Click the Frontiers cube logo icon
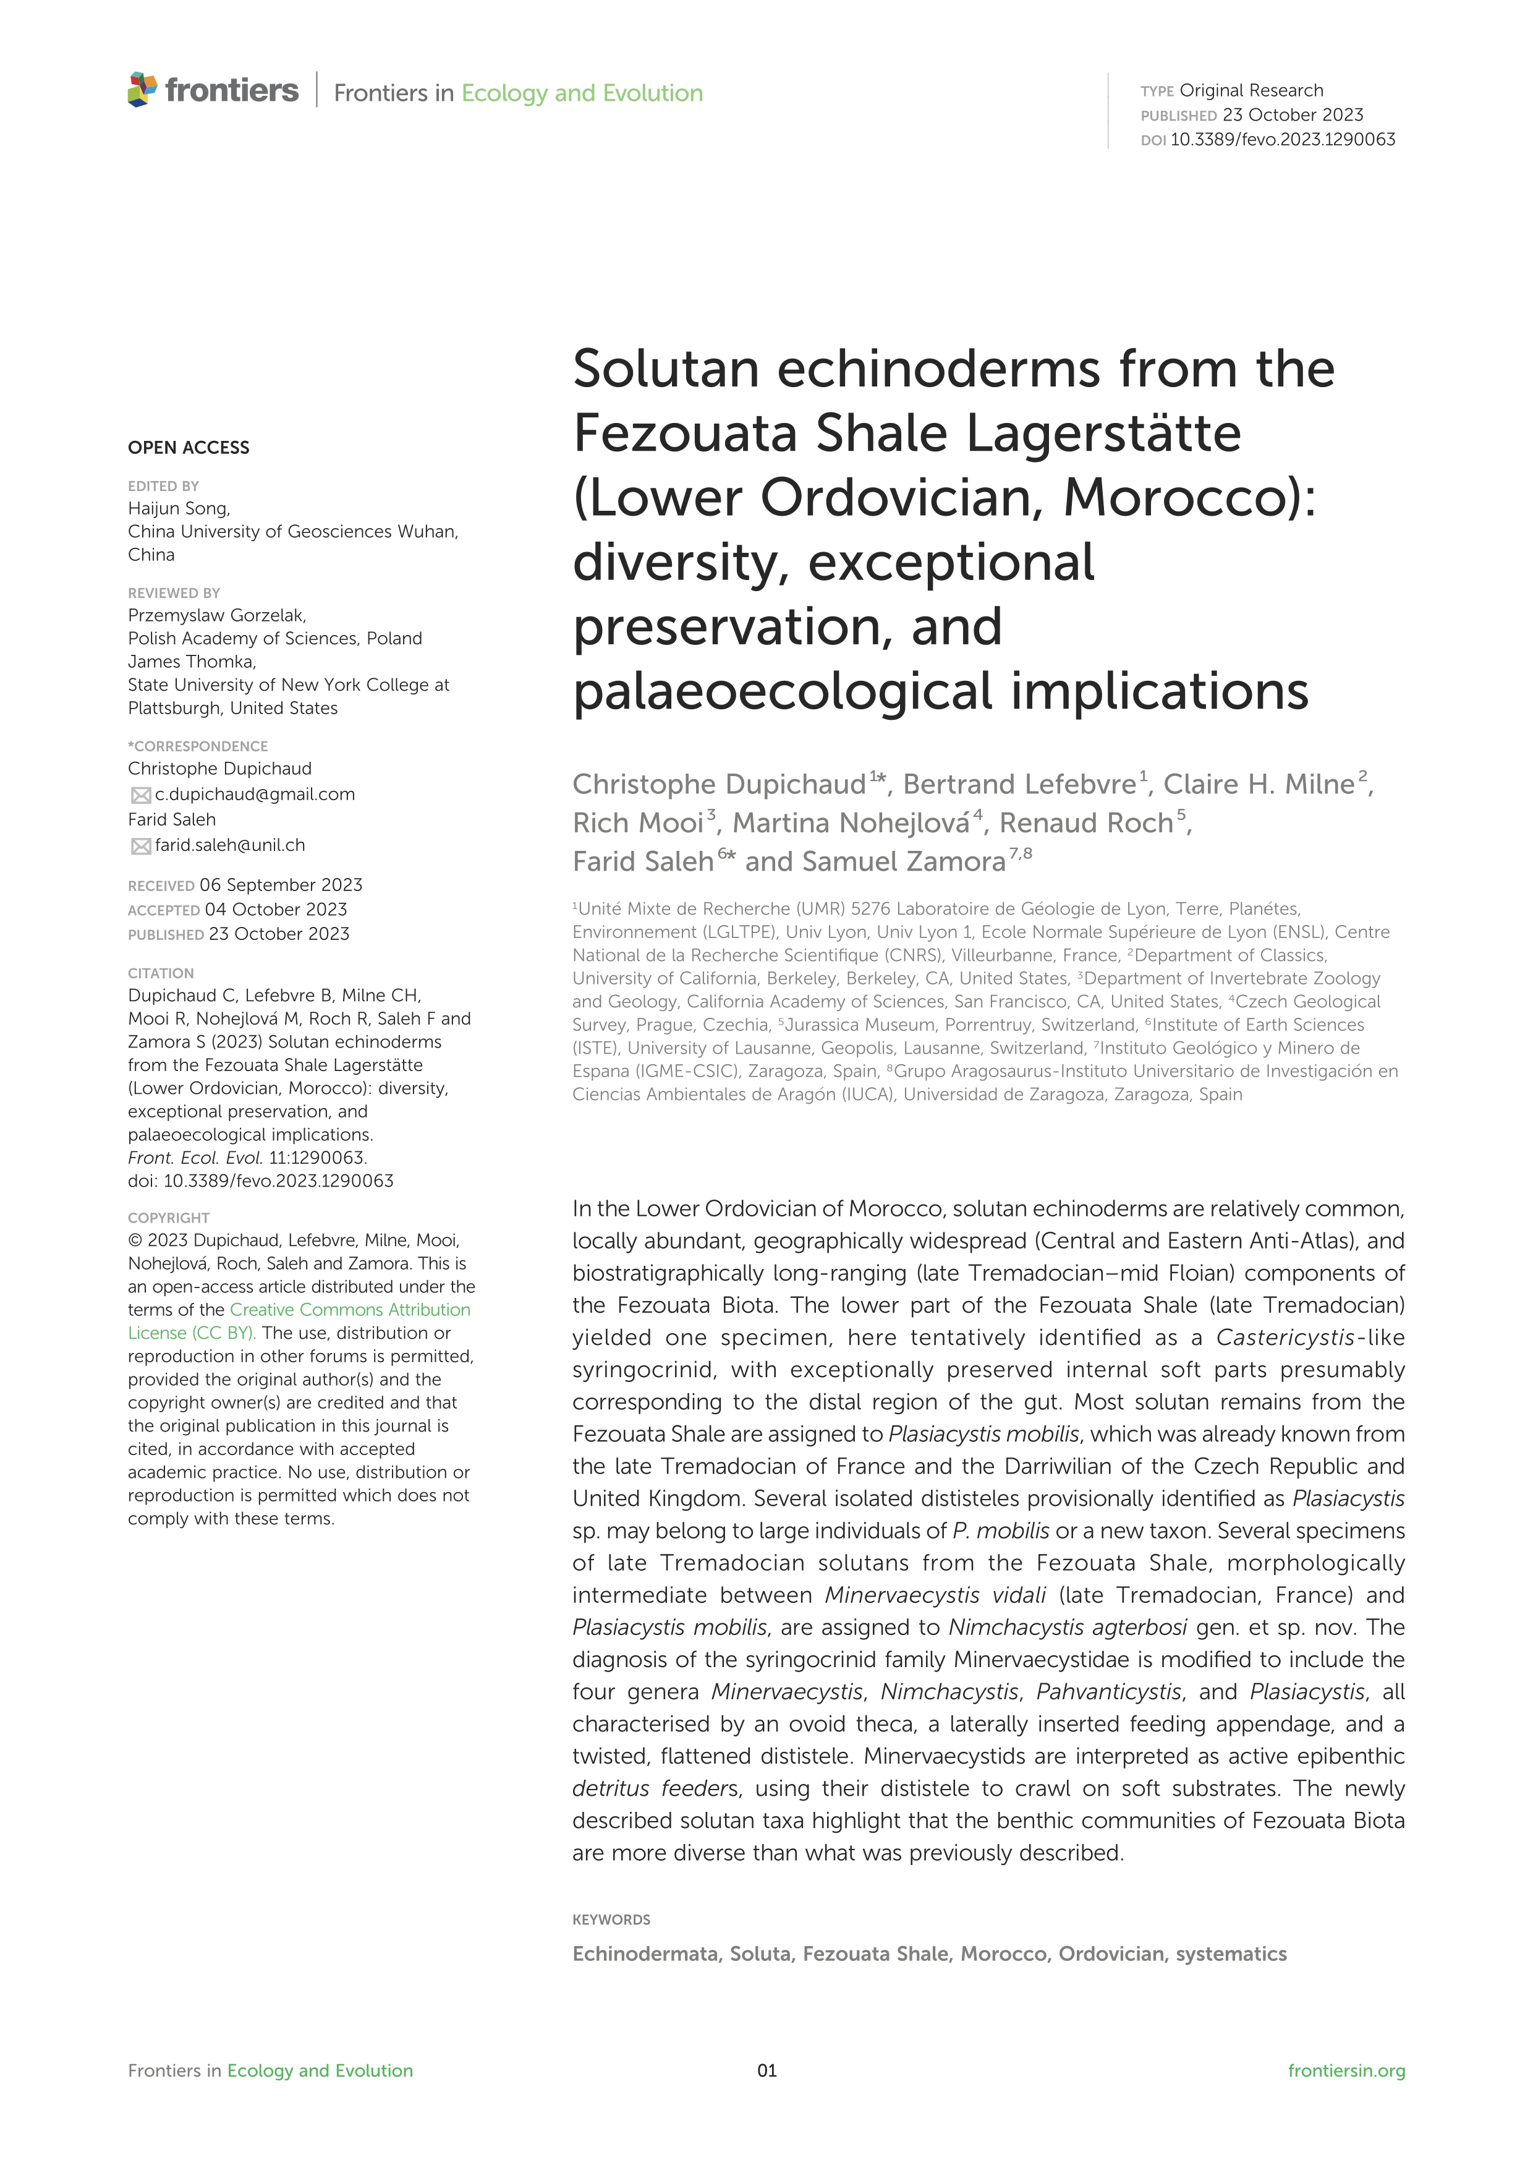pyautogui.click(x=143, y=90)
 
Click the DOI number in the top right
pyautogui.click(x=1282, y=140)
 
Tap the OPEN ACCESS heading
pyautogui.click(x=189, y=448)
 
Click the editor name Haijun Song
pyautogui.click(x=179, y=508)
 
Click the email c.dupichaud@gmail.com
pyautogui.click(x=255, y=794)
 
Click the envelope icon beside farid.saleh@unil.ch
pyautogui.click(x=141, y=846)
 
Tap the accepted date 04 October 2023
pyautogui.click(x=276, y=910)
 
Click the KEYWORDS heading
pyautogui.click(x=611, y=1919)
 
